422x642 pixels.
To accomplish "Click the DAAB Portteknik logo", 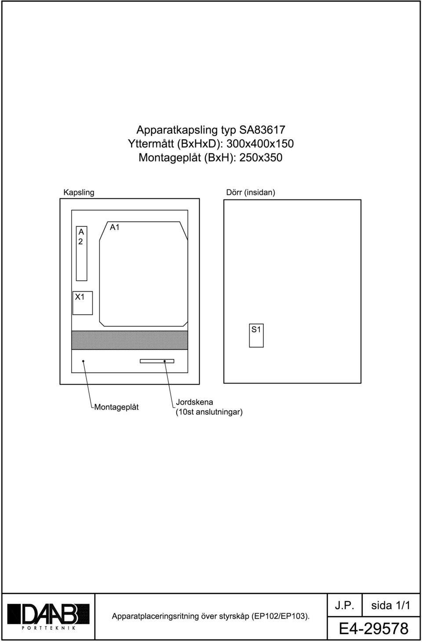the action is [48, 616].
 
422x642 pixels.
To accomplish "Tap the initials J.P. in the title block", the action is [344, 606].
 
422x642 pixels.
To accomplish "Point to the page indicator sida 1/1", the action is [391, 606].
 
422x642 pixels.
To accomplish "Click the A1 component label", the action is [114, 227].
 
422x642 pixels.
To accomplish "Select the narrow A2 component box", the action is [81, 254].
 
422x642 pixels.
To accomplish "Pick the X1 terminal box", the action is [83, 303].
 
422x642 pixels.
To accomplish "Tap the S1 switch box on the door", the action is [256, 336].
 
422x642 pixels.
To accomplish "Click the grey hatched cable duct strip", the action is [130, 340].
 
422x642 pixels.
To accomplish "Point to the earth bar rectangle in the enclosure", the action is [157, 361].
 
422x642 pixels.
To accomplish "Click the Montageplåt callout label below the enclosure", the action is [116, 407].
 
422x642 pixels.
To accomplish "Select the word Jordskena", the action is [194, 402].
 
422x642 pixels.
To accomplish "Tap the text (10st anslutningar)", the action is [209, 413].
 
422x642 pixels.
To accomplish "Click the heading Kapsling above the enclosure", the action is [79, 192].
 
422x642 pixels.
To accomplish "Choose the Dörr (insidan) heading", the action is [251, 192].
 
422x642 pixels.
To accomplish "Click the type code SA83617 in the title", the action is [262, 130].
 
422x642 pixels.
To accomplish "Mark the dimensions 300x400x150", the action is [260, 144].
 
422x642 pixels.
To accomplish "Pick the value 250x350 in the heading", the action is [261, 158].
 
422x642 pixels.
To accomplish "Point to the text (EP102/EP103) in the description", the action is [280, 617].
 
